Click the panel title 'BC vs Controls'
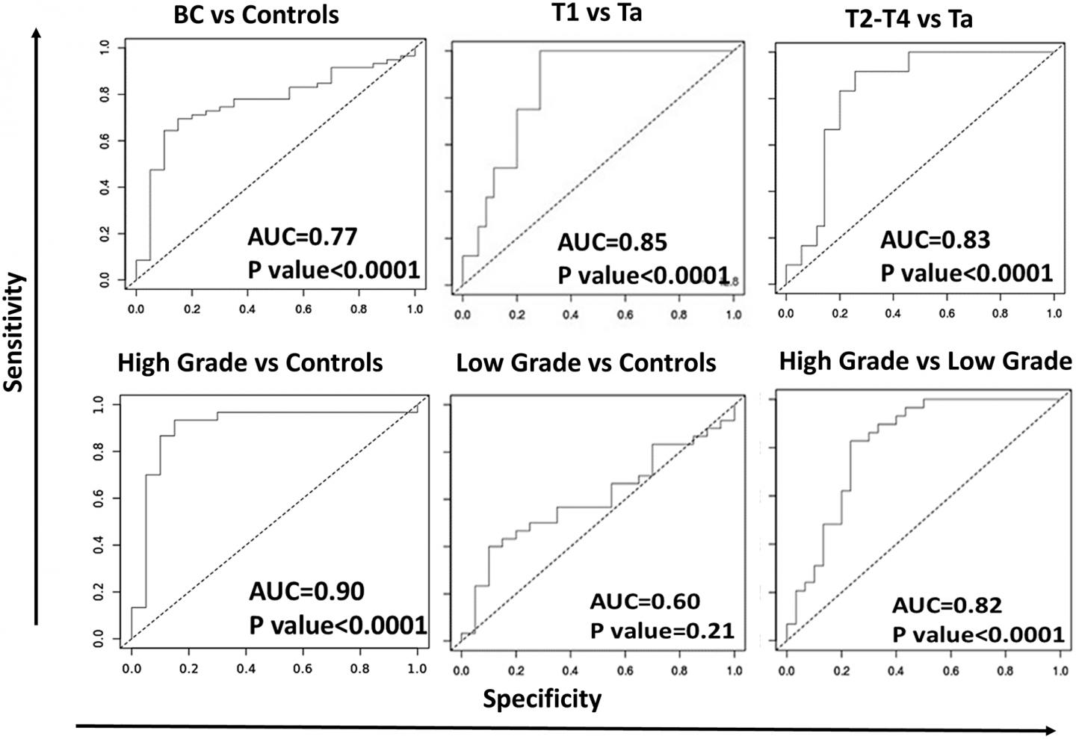click(256, 14)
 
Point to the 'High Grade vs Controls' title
click(250, 363)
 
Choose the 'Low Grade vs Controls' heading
click(586, 364)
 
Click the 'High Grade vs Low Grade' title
click(925, 362)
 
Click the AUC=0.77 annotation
click(303, 238)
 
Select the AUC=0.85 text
click(612, 242)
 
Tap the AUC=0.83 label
click(935, 240)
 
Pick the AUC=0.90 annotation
click(306, 592)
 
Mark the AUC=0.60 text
click(645, 602)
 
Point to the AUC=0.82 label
click(947, 605)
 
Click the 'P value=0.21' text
click(662, 631)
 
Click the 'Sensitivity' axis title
click(14, 332)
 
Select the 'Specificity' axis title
click(542, 699)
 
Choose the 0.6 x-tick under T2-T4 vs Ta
click(947, 314)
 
